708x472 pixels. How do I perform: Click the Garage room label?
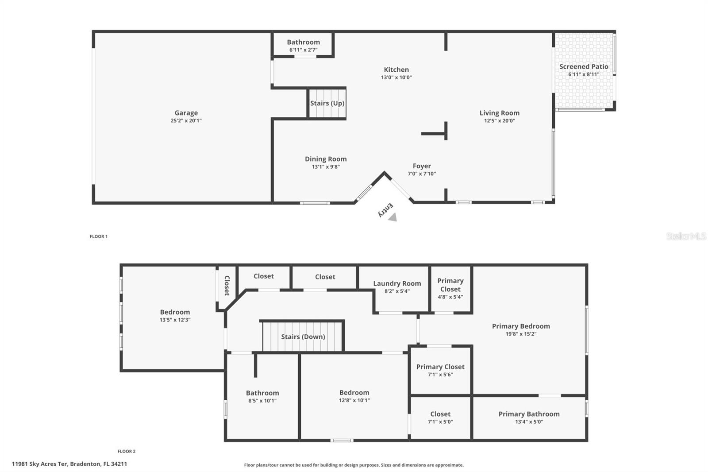click(186, 113)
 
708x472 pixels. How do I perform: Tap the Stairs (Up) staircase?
click(327, 104)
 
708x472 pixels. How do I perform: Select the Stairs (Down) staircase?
click(303, 337)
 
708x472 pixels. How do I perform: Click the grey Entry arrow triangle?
click(392, 217)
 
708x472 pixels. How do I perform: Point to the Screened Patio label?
click(584, 67)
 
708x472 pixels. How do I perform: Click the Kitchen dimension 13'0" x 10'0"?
click(396, 77)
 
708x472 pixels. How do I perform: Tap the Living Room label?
click(499, 113)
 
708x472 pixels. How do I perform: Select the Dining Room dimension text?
click(326, 167)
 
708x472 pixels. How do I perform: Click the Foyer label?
click(422, 166)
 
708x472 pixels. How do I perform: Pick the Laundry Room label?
click(397, 283)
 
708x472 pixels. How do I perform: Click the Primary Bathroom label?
click(529, 414)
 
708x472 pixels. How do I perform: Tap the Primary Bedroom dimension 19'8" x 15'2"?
click(521, 334)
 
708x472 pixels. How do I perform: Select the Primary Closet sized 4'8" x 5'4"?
click(450, 288)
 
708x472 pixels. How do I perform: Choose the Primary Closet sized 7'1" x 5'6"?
click(440, 370)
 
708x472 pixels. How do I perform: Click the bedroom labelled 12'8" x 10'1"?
click(354, 396)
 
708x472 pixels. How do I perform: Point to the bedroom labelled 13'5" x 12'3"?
click(175, 315)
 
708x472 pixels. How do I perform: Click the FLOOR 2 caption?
click(127, 451)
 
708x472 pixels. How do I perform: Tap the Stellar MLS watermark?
click(686, 236)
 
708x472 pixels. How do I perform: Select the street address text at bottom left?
click(69, 464)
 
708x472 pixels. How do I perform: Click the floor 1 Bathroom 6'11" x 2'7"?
click(303, 45)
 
